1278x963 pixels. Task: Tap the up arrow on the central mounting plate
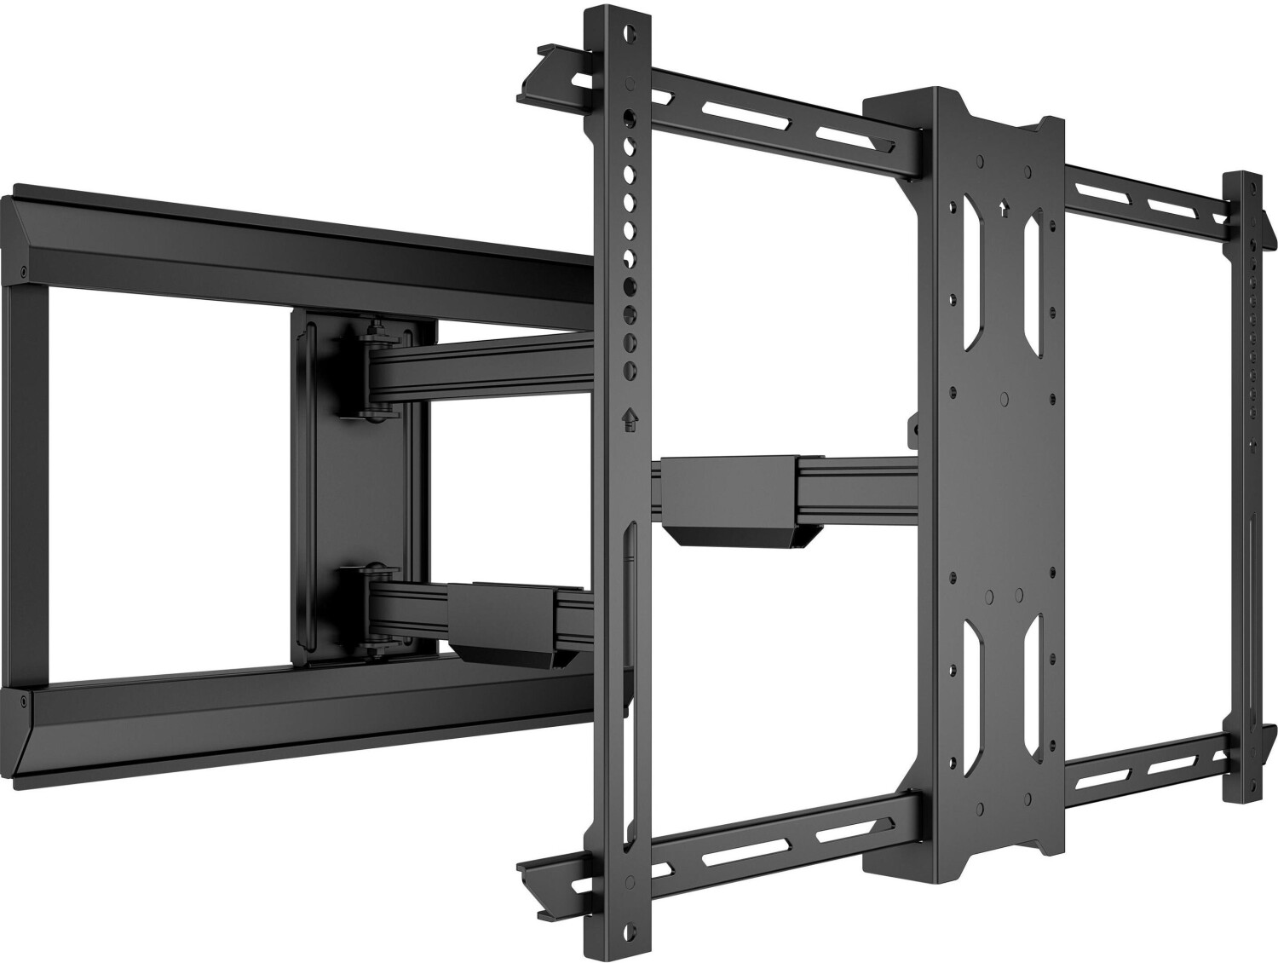click(x=1003, y=205)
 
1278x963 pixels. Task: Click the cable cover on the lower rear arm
click(x=494, y=618)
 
